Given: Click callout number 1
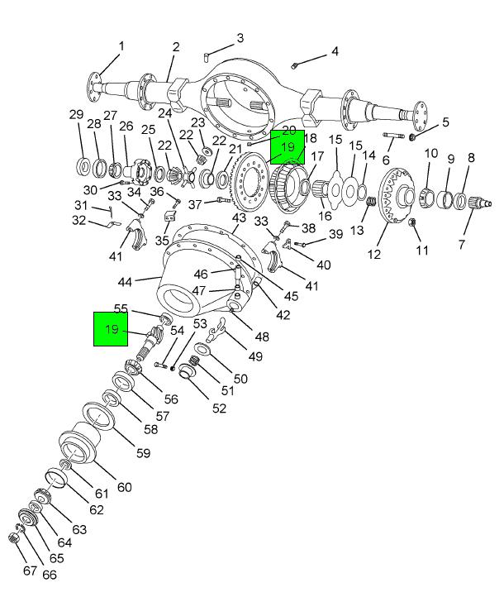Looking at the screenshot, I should tap(121, 45).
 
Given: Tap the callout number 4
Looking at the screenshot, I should tap(334, 51).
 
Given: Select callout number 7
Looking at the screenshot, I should tap(461, 244).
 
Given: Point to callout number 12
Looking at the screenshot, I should tap(374, 255).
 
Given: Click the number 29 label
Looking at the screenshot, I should tap(76, 114).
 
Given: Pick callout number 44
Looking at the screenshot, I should tap(125, 282).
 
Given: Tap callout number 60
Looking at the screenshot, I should tap(124, 487).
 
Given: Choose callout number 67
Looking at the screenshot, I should tap(30, 571).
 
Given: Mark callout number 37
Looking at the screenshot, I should tap(195, 204).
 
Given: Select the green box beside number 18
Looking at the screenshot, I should tap(288, 147).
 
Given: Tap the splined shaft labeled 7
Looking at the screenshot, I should tap(478, 201).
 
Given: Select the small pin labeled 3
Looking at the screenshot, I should tap(206, 56).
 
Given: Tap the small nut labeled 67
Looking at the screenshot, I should tap(12, 538).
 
